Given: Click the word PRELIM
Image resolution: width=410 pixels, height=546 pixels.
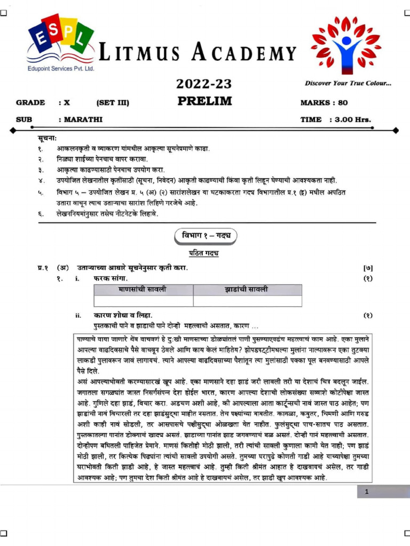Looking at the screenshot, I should click(x=204, y=101).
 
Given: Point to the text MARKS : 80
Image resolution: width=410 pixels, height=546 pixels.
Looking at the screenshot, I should click(x=324, y=103).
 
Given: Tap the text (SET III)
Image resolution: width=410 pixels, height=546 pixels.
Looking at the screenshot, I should click(x=113, y=103).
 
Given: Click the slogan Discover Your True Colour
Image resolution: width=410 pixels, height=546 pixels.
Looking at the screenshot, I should click(x=348, y=83).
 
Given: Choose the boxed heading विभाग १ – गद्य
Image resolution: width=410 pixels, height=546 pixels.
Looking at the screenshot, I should click(x=205, y=236).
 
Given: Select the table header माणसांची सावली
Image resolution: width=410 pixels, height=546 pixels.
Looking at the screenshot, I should click(x=143, y=290).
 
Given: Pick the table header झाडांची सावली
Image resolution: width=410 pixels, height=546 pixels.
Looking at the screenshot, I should click(x=247, y=290).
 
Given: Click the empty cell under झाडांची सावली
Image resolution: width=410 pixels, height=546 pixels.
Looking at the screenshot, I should click(x=247, y=301).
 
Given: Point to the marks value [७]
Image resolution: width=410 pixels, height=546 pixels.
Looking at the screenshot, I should click(x=367, y=267).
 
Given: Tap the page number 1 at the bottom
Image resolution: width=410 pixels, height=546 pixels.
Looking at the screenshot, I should click(x=367, y=492).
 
